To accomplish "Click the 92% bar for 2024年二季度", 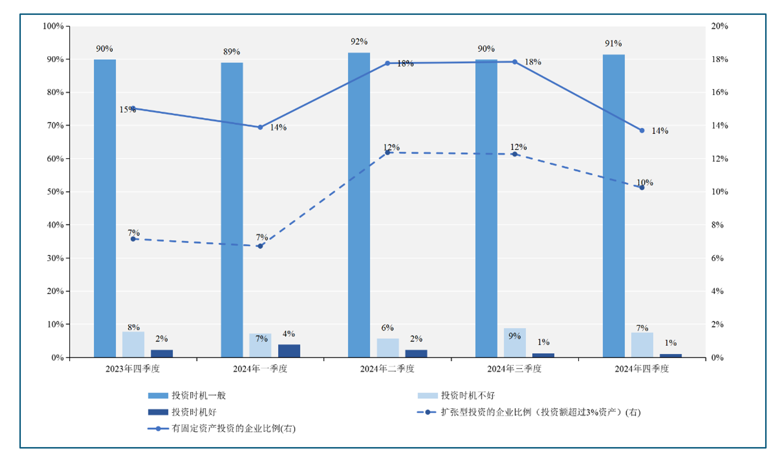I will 359,205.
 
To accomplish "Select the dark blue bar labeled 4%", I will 289,351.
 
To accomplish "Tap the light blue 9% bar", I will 514,343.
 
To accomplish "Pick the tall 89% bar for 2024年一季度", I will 232,210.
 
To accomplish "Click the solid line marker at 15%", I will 133,108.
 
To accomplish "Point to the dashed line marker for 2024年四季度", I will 641,188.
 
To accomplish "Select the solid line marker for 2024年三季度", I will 514,62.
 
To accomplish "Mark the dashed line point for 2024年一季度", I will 260,246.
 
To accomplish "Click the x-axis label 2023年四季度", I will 133,369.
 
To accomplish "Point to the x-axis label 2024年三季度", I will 514,369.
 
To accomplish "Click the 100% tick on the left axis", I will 53,26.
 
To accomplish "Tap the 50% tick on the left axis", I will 55,192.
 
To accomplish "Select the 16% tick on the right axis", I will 719,92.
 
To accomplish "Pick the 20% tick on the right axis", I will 719,26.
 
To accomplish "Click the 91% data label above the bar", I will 613,44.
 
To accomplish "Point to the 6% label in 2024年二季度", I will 387,328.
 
